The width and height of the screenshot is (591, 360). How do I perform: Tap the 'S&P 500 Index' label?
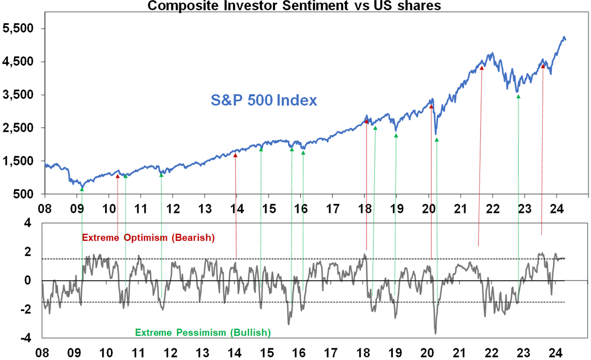[264, 100]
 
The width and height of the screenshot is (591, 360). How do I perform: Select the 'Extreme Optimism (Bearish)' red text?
[149, 238]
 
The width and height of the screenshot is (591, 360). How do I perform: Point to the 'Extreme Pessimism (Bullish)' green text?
[203, 332]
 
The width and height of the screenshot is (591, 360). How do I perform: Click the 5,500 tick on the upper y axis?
[17, 28]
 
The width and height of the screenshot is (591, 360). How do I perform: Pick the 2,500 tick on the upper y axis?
[17, 128]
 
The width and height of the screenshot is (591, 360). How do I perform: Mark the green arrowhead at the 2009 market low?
[82, 189]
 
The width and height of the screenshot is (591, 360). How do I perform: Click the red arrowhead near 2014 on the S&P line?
[235, 155]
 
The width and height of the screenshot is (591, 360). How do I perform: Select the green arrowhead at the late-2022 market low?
[518, 96]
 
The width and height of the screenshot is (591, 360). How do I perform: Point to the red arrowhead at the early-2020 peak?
[431, 107]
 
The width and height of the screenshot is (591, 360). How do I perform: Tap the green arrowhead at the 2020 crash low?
[437, 140]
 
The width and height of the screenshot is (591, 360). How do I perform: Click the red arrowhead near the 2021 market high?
[482, 67]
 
